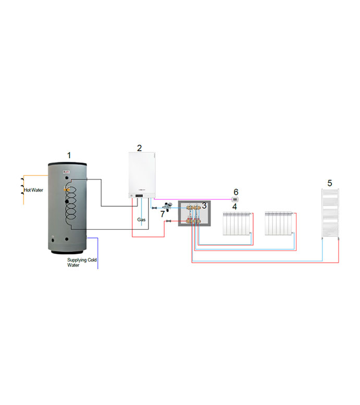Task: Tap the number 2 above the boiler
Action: point(139,148)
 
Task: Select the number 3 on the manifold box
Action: point(204,206)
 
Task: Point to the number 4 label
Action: point(234,207)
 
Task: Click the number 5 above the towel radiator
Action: point(329,183)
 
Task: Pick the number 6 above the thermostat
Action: point(235,192)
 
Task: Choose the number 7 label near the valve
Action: point(162,213)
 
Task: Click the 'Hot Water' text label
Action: point(34,190)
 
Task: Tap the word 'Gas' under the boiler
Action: point(141,220)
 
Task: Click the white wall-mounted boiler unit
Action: point(142,174)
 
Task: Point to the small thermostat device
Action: point(235,199)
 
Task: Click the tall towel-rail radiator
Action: point(331,213)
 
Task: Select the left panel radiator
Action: point(238,223)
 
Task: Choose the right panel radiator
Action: point(280,223)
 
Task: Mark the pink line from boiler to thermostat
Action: point(193,199)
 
